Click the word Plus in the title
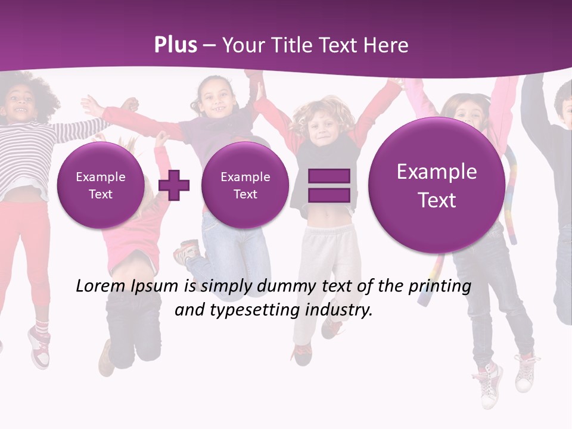175,45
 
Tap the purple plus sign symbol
174,185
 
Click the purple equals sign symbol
328,185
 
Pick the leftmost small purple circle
100,185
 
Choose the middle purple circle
245,185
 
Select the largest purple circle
437,185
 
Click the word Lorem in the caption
101,286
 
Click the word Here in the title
387,45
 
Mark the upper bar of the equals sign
328,176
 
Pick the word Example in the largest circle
437,172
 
